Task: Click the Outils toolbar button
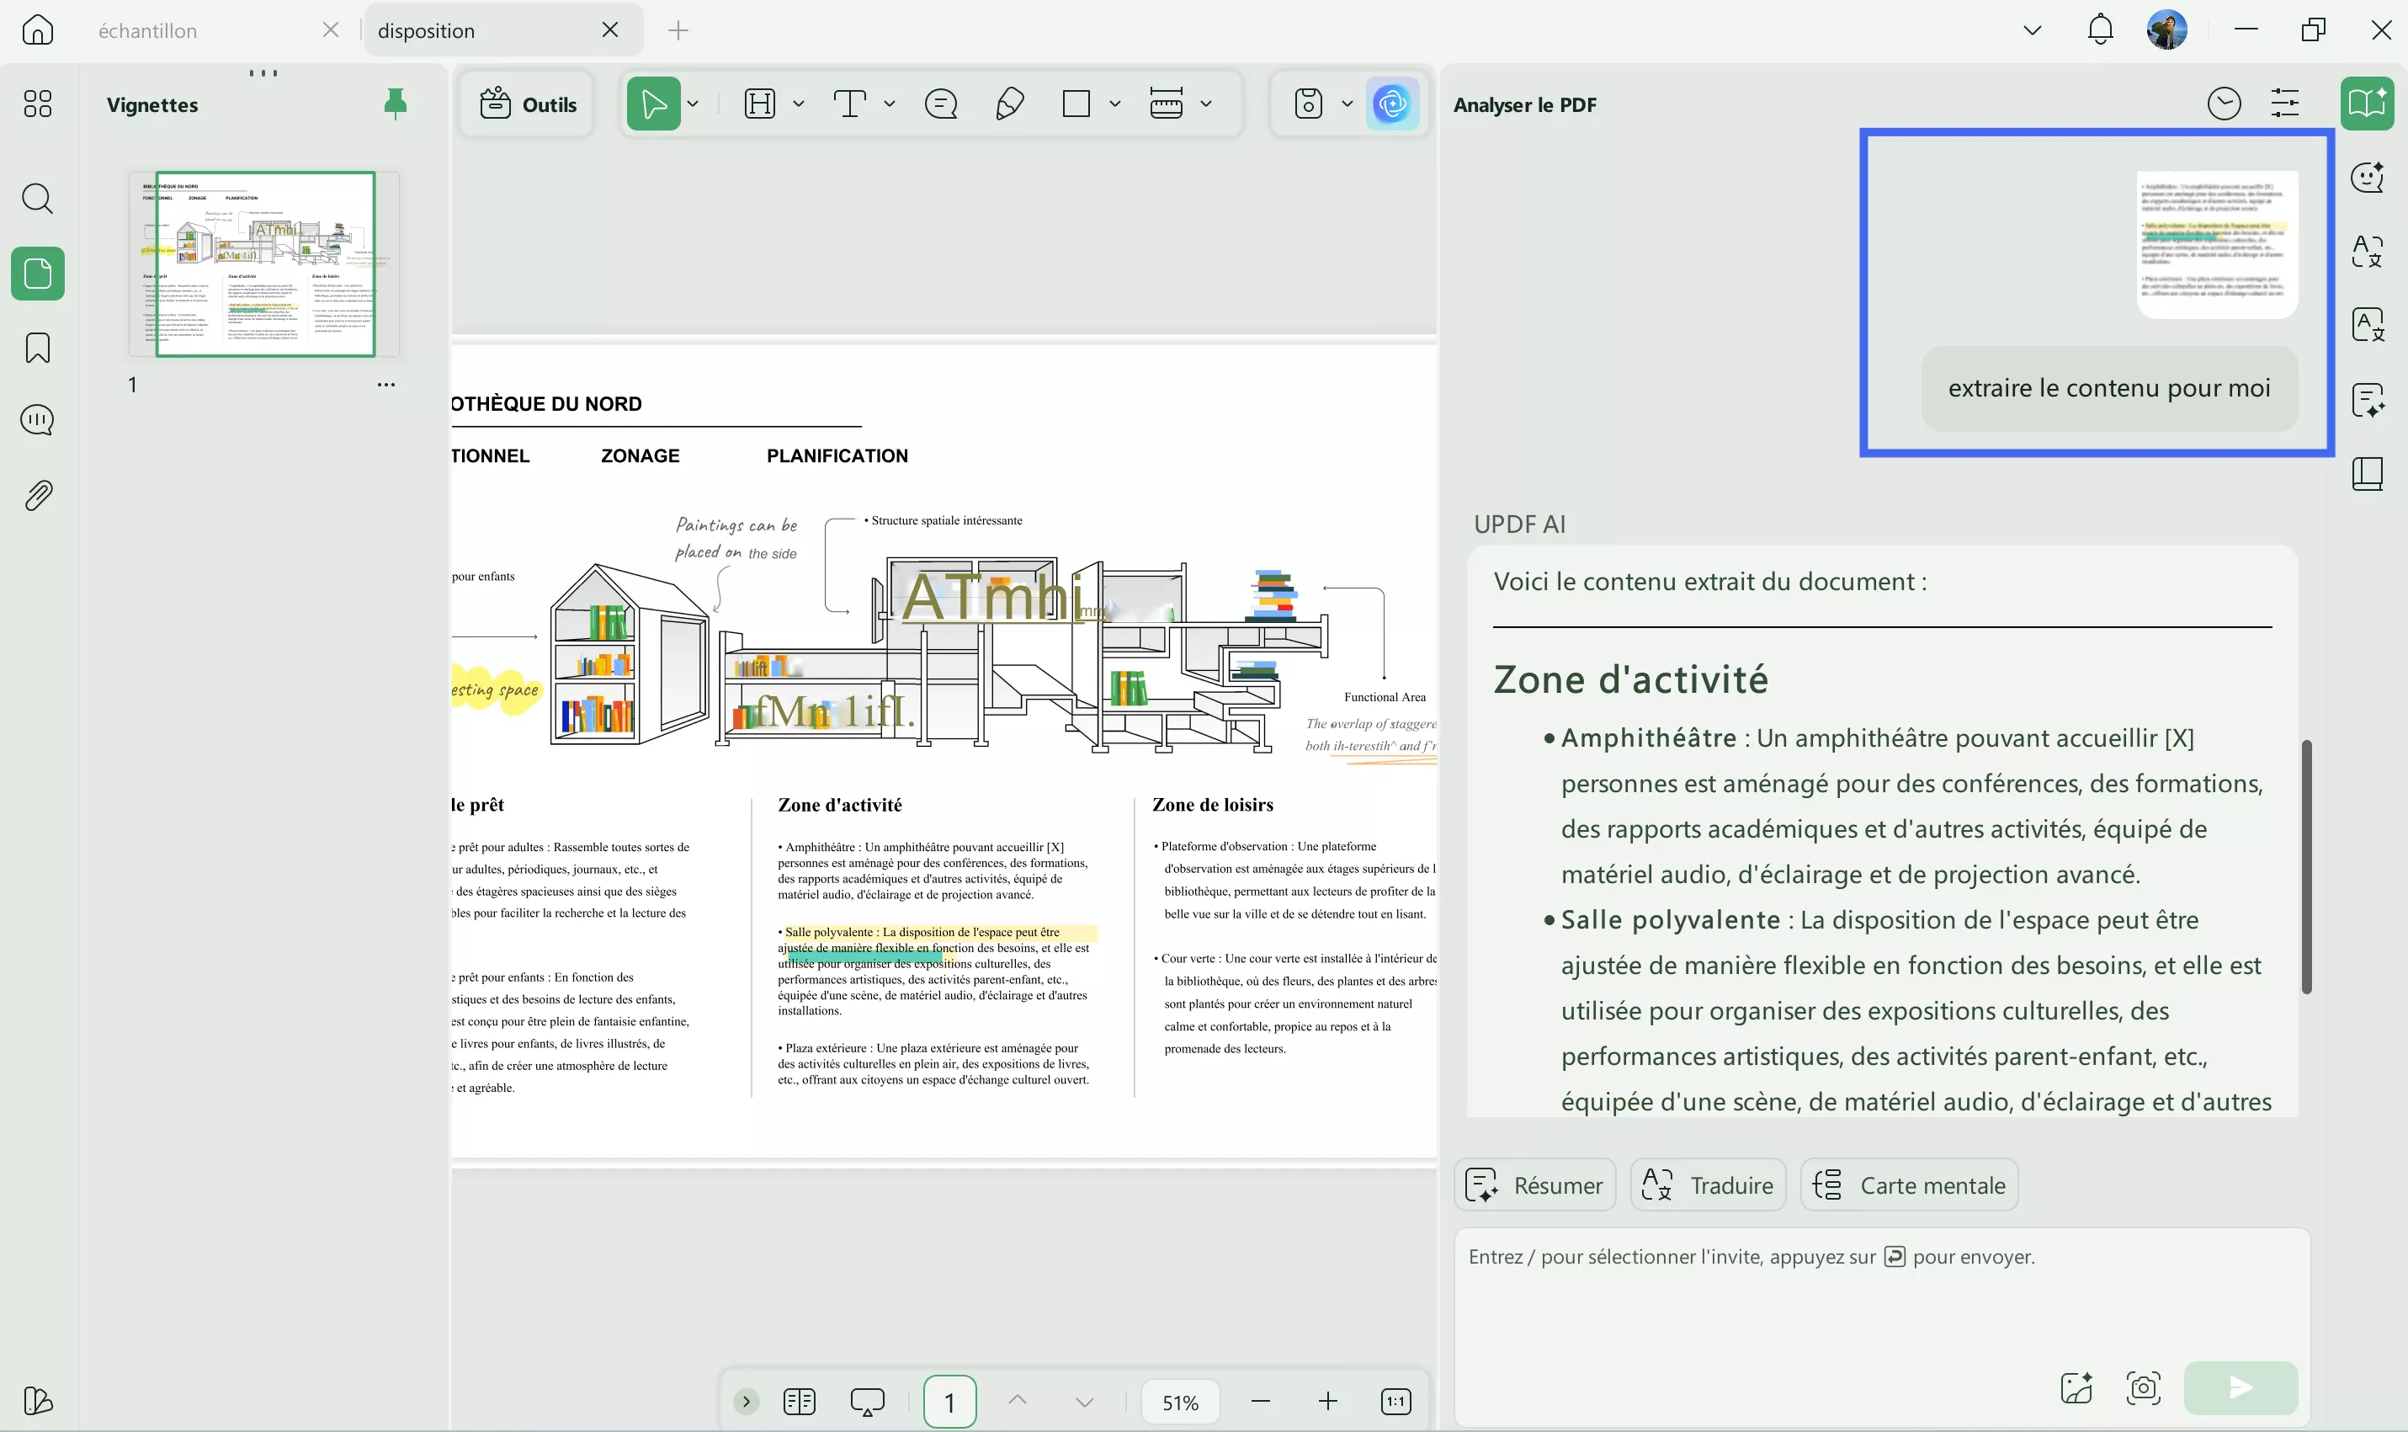(529, 104)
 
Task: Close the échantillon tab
(331, 30)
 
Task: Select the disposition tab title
(427, 31)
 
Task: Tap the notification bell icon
(2099, 30)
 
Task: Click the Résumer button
(1535, 1185)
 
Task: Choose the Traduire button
(1709, 1185)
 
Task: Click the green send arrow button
(2241, 1387)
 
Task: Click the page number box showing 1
(949, 1401)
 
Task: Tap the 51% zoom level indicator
(1180, 1402)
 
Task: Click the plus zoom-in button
(1327, 1401)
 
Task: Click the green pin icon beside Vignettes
(396, 104)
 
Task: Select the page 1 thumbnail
(264, 264)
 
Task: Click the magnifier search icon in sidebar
(38, 199)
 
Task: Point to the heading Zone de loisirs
(1213, 805)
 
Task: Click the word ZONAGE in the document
(640, 455)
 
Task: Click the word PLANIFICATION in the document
(837, 455)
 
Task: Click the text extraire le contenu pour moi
(2109, 388)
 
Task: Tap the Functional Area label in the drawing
(1385, 697)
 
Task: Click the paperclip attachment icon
(38, 495)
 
